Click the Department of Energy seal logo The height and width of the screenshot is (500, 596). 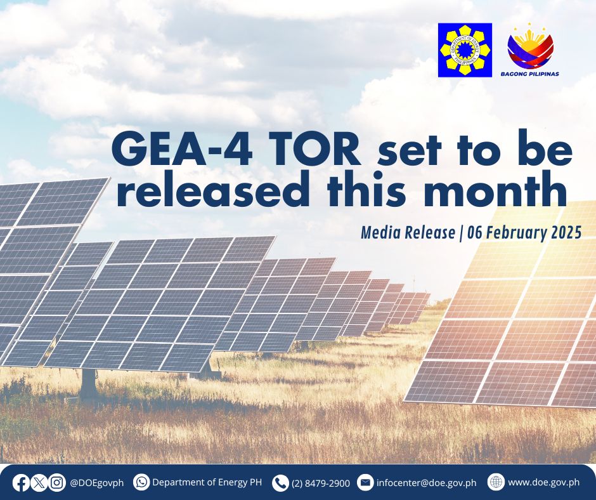[465, 50]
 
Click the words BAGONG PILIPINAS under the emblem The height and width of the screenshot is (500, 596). [530, 74]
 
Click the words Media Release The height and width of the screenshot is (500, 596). [408, 232]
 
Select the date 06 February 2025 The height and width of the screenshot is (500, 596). [524, 232]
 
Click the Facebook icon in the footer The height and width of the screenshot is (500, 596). [20, 484]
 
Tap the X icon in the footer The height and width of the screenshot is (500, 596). [39, 484]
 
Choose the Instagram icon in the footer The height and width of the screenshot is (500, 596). [57, 484]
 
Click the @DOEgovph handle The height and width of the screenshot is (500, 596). [96, 484]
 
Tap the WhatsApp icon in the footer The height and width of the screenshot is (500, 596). [141, 482]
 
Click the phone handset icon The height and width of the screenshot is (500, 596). [280, 484]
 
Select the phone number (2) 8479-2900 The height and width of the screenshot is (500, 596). [321, 484]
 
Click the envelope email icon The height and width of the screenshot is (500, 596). [365, 482]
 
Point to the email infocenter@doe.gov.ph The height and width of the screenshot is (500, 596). [427, 483]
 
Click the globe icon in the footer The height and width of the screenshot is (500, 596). [496, 482]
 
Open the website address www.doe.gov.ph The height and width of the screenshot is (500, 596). [543, 482]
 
